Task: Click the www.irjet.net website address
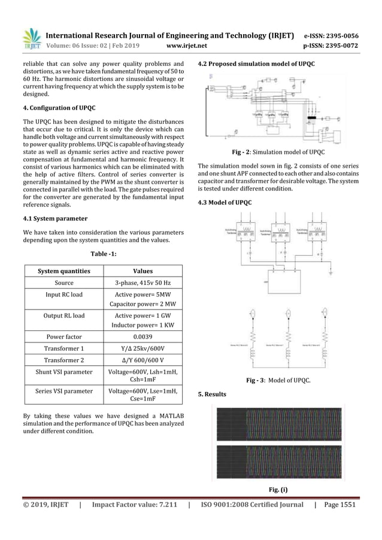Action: tap(188, 44)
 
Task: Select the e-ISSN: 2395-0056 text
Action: tap(332, 35)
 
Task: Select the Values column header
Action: tap(143, 271)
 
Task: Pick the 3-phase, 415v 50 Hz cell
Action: tap(143, 283)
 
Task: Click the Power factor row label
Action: tap(64, 336)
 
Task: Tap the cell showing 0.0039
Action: tap(143, 336)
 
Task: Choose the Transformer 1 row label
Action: tap(64, 348)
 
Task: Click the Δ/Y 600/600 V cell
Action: tap(143, 360)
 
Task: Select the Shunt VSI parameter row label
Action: tap(64, 372)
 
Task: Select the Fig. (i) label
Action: tap(279, 490)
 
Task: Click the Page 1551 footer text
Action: tap(339, 505)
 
